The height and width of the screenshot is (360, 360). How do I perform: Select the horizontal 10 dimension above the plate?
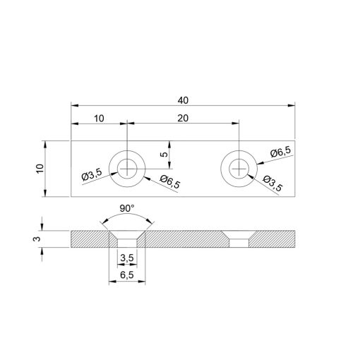tap(98, 118)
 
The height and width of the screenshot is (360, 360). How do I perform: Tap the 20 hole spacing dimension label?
tap(183, 118)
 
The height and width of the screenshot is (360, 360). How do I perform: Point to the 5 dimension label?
tap(164, 153)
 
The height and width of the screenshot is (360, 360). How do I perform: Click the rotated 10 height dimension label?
tap(40, 169)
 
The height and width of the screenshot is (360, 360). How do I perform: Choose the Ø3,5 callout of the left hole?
tap(92, 176)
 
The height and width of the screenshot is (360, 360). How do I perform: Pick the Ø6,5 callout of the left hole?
tap(169, 182)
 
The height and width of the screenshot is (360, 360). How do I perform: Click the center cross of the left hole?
tap(127, 169)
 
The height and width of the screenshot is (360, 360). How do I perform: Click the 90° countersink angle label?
tap(127, 210)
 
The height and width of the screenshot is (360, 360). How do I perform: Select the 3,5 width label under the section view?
tap(127, 258)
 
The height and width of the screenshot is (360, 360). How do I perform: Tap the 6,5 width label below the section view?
tap(127, 276)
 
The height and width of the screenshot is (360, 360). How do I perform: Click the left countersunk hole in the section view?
tap(127, 237)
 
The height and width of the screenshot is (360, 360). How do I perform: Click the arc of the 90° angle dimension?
tap(127, 216)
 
